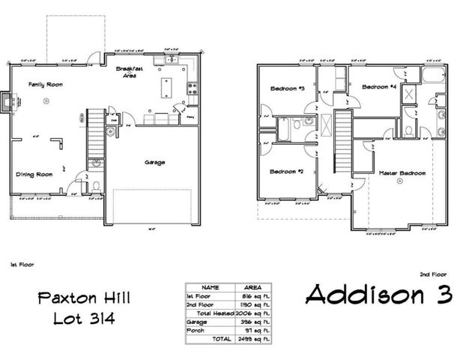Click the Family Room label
[x=45, y=85]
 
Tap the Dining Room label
[x=34, y=174]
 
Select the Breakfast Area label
[x=130, y=71]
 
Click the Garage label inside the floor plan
[x=154, y=162]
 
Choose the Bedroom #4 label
[x=378, y=86]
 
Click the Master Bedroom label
[x=402, y=173]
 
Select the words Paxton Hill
[x=83, y=298]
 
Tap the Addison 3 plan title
[x=379, y=293]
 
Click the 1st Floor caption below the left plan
[x=22, y=265]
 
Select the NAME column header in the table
[x=211, y=286]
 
